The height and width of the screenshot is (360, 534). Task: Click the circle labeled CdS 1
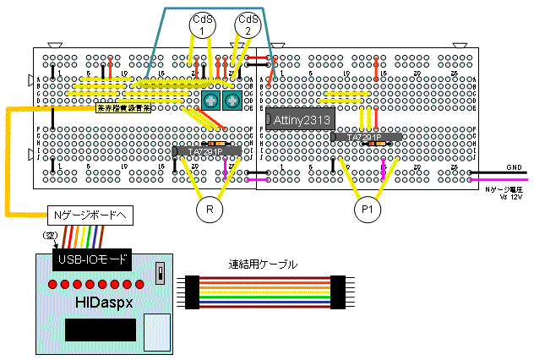(203, 25)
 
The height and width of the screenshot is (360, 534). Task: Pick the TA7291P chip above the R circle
(207, 151)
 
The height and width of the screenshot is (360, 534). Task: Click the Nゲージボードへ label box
(84, 215)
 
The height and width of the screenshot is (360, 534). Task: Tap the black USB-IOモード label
(90, 259)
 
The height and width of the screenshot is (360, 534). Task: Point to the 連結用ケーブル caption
(263, 265)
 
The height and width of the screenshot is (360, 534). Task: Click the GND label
(514, 167)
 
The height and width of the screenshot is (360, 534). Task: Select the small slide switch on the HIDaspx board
(161, 274)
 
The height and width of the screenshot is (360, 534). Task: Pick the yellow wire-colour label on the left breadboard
(123, 108)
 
